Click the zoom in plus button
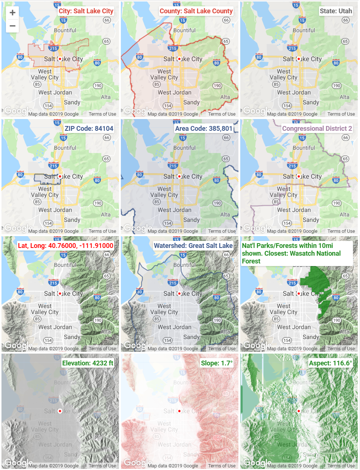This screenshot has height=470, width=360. coord(12,13)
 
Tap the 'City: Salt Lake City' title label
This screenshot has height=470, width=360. coord(86,11)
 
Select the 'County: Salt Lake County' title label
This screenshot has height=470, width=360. coord(196,11)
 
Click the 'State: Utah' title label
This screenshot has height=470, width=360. coord(336,11)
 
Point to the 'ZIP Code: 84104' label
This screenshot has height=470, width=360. coord(89,129)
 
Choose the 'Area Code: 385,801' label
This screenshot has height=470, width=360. coord(204,129)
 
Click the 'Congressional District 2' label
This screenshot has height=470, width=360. coord(317,129)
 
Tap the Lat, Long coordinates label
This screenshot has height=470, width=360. coord(65,246)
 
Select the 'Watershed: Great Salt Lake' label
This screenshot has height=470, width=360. coord(193,246)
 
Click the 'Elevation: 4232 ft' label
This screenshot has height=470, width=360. coord(88,363)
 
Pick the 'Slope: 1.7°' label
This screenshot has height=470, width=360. coord(217,363)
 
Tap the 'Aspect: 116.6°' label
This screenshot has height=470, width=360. coord(330,363)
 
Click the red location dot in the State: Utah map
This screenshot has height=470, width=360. coord(299,59)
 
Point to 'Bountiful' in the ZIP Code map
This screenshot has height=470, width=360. coord(65,148)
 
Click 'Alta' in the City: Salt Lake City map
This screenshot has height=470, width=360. coord(106,97)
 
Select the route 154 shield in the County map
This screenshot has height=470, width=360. coord(167,106)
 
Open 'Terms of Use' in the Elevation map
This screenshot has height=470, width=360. coord(102,466)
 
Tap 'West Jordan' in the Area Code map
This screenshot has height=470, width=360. coord(174,210)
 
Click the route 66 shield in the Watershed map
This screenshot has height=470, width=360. coord(226,255)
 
